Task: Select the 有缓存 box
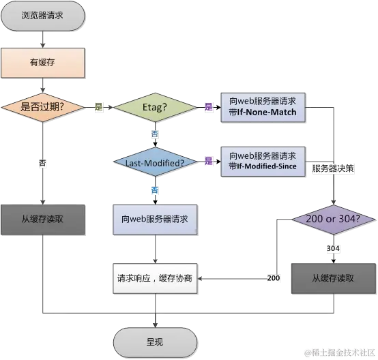coord(43,63)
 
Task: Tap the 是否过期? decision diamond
coord(43,107)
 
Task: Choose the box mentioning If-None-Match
coord(263,106)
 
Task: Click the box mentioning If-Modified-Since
coord(263,161)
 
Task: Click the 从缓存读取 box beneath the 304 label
coord(332,278)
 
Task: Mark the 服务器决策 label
coord(332,167)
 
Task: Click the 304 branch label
coord(332,249)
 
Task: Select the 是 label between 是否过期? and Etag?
coord(98,107)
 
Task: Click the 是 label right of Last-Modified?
coord(208,162)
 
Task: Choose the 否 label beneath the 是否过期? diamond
coord(43,163)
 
